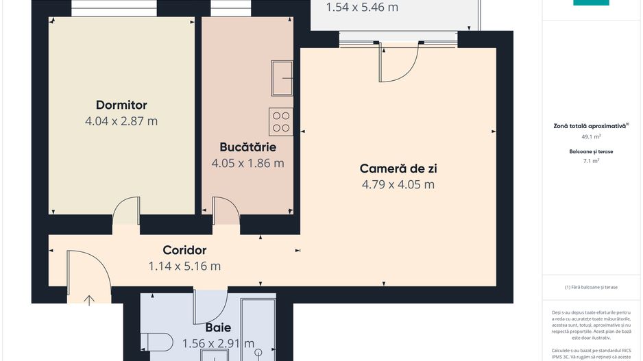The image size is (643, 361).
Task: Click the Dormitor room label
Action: [x=121, y=105]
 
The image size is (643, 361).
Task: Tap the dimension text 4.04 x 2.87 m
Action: [x=121, y=121]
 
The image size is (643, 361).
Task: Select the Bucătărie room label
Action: [x=247, y=147]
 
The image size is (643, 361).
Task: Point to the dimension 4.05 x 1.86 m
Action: [x=247, y=163]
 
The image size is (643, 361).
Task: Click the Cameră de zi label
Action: [x=398, y=169]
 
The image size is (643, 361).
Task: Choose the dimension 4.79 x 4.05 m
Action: [x=398, y=184]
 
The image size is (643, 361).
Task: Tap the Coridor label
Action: [x=184, y=250]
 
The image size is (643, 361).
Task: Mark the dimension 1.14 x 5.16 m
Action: [x=184, y=266]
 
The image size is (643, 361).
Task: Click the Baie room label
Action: [x=218, y=327]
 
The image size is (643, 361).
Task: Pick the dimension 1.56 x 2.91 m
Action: [x=218, y=343]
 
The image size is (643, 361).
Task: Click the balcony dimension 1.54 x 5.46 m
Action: [x=362, y=8]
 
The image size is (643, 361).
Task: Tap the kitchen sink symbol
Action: [x=282, y=77]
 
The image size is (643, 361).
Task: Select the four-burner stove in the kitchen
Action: [x=281, y=121]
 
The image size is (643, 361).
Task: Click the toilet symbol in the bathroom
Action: [x=157, y=341]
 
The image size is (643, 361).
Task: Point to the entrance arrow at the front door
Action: [x=90, y=299]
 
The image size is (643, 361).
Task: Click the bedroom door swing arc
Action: [x=125, y=210]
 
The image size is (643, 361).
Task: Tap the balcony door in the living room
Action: [x=399, y=63]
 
